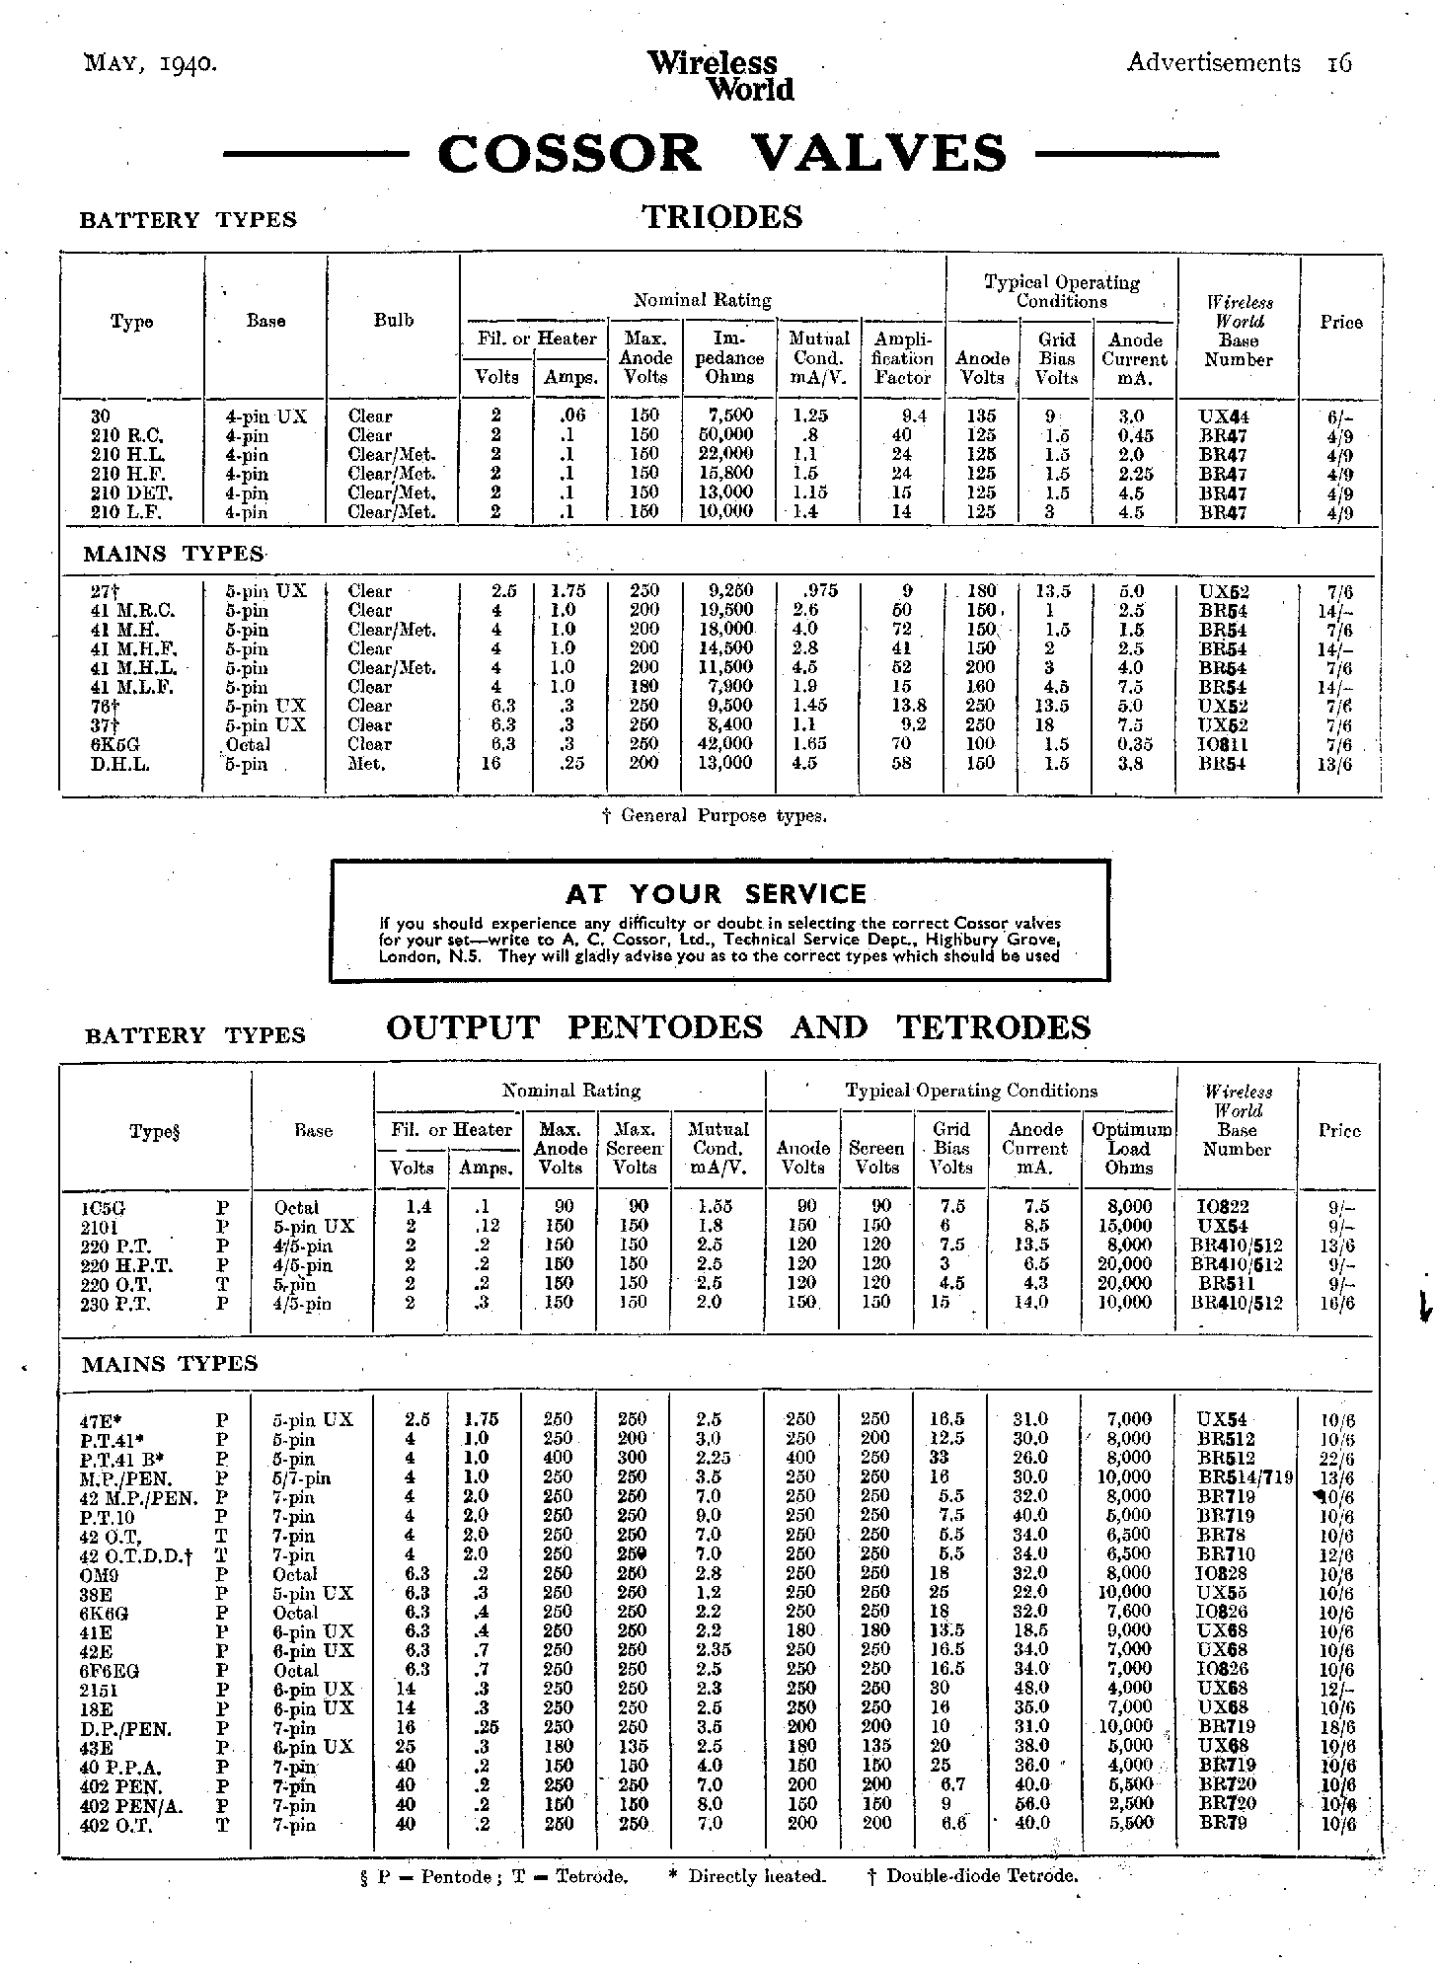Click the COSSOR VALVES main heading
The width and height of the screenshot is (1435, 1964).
721,154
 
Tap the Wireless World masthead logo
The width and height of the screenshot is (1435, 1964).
719,76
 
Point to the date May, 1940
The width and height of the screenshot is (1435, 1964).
151,64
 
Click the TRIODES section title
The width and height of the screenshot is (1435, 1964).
722,217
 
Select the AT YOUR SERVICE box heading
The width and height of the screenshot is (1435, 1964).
717,894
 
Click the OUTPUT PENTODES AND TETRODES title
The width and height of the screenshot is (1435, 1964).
738,1027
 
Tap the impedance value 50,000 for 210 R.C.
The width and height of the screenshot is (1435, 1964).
724,435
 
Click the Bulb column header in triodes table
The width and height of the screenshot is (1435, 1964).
393,321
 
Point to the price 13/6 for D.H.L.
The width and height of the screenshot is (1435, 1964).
1340,764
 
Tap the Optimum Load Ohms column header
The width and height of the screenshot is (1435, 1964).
1128,1149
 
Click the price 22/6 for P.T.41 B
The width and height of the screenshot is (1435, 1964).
1338,1459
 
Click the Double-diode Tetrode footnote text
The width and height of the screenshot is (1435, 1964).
972,1876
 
